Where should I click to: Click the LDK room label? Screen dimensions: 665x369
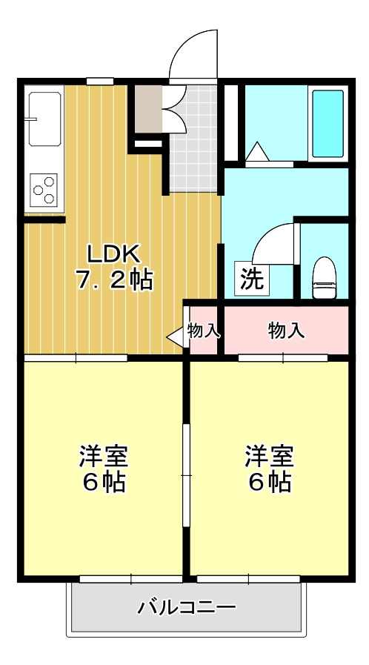pos(113,254)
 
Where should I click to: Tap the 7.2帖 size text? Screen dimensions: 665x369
pos(113,279)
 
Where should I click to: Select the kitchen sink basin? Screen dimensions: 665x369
pos(44,119)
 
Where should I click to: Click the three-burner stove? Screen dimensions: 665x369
pos(44,188)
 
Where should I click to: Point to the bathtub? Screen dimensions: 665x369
pos(327,123)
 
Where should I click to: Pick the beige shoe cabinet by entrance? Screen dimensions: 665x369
pos(147,108)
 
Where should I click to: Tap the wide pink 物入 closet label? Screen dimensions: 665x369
pos(286,330)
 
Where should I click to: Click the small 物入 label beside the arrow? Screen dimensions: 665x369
pos(204,330)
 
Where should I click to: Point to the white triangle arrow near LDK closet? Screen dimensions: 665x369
pos(175,337)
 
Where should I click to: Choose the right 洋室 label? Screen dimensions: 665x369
pos(268,454)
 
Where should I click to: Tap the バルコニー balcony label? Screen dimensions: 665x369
pos(187,609)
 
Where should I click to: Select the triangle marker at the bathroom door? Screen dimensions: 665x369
pos(257,151)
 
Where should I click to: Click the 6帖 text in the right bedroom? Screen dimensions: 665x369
pos(268,482)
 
